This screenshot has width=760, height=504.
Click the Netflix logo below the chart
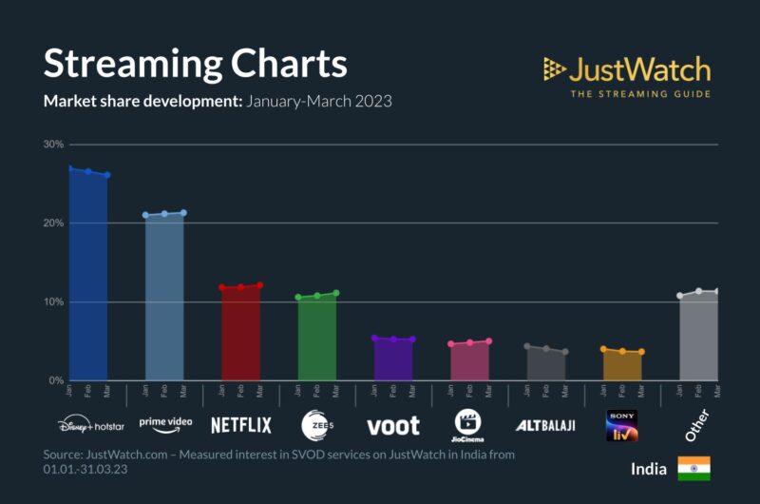click(241, 425)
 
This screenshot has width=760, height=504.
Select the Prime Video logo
click(165, 422)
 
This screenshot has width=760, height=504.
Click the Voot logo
click(393, 425)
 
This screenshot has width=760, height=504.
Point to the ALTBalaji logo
click(544, 425)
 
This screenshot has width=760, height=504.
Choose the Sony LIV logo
click(622, 425)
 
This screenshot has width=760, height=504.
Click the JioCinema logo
click(469, 424)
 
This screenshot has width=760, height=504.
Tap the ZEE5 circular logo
click(316, 425)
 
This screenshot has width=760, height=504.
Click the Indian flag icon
click(693, 469)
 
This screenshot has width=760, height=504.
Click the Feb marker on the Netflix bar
click(241, 287)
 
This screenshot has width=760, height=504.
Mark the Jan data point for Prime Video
click(145, 215)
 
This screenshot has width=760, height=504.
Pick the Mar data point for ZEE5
click(336, 293)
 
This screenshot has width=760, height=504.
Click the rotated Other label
click(697, 424)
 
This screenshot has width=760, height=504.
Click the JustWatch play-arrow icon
click(555, 68)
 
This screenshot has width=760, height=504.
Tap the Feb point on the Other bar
click(698, 291)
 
